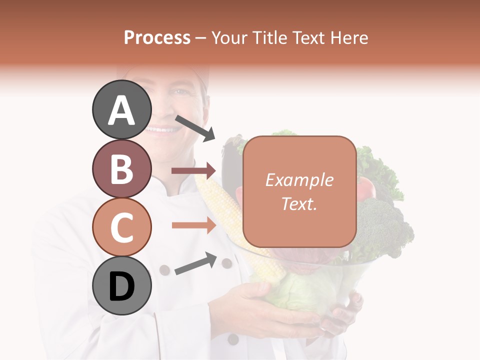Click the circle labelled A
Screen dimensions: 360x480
click(121, 109)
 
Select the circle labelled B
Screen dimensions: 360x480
click(121, 168)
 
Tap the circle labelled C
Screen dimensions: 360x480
click(121, 227)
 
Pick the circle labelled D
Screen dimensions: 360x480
click(121, 286)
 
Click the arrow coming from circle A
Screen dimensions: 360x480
click(195, 128)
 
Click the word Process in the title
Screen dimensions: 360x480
click(157, 37)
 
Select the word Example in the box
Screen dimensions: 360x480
click(299, 180)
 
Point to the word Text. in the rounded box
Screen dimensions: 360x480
click(299, 203)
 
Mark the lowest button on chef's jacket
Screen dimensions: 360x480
click(233, 339)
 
